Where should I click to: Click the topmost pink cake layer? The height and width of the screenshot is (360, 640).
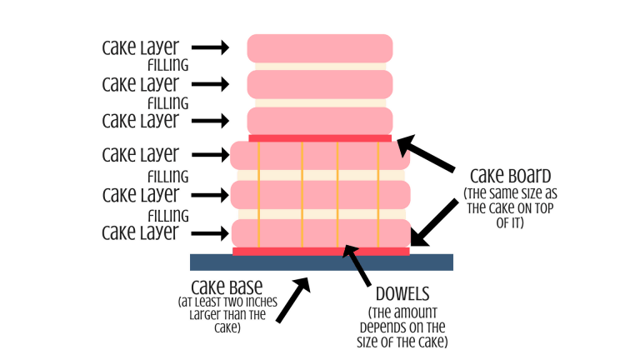click(321, 47)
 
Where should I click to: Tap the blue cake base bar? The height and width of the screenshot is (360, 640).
click(321, 262)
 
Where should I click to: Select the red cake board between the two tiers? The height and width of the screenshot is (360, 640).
click(321, 137)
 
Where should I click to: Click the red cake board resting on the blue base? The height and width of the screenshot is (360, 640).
click(321, 251)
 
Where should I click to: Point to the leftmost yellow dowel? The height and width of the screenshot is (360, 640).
click(259, 193)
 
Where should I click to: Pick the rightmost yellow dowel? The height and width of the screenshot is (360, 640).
click(378, 193)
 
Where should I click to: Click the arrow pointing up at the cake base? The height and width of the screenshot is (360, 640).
click(292, 300)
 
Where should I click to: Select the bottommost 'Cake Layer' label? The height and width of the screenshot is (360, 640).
click(140, 232)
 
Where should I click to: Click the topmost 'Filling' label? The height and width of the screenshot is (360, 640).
click(167, 65)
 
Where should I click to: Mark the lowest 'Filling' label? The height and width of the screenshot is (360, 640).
click(167, 215)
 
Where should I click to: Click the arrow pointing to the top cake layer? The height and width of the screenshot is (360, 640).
click(213, 47)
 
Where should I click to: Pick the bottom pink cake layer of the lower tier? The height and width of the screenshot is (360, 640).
click(321, 232)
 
